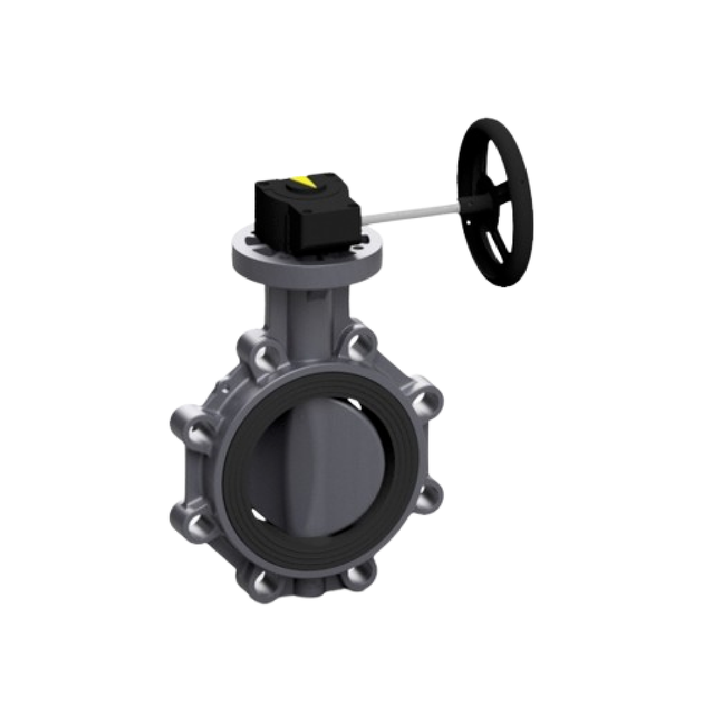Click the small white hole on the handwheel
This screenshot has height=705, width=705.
(469, 224)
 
